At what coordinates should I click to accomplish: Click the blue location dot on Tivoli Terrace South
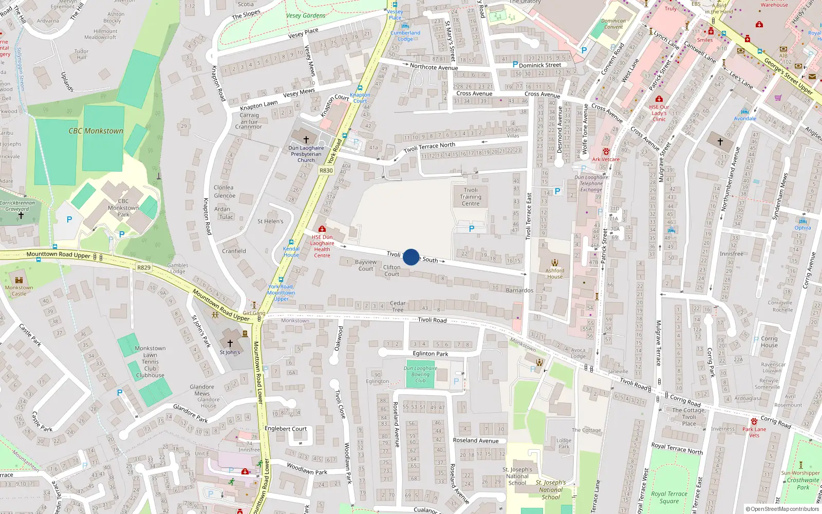411,256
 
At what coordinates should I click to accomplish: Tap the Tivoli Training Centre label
470,197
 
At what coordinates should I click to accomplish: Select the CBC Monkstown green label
96,131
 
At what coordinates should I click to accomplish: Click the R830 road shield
326,170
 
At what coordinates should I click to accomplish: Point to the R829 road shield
144,267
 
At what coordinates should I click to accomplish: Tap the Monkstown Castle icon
19,280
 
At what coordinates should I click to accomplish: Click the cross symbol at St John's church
230,343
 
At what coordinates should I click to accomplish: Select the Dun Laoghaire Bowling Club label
420,374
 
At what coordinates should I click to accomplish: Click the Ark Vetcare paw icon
606,152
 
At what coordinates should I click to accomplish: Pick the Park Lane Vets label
754,432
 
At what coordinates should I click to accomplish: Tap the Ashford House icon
555,263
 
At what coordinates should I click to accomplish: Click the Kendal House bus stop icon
291,242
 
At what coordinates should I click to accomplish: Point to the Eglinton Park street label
431,354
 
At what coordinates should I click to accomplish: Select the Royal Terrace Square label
669,497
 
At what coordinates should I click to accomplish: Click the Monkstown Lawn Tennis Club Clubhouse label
150,362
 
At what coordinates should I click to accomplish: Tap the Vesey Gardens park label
306,15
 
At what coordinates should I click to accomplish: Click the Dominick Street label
540,65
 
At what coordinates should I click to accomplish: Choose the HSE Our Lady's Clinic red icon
659,99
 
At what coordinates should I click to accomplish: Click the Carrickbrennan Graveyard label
17,206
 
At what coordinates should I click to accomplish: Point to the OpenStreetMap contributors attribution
782,509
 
